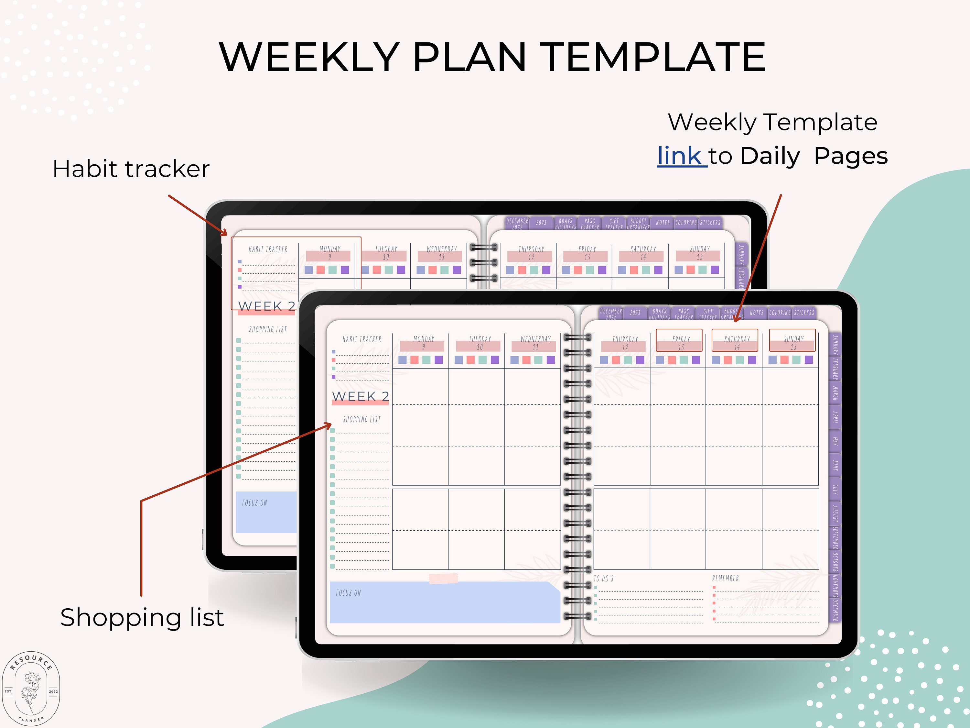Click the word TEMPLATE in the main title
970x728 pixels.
(654, 57)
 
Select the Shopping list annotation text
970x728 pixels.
(142, 617)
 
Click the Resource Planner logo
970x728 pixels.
(31, 689)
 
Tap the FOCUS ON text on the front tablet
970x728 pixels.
(348, 593)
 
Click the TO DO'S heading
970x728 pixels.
(604, 579)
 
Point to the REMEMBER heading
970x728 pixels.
(725, 579)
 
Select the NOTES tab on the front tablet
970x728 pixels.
(757, 313)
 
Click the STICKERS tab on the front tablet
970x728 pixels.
(804, 313)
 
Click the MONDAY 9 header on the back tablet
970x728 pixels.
(330, 252)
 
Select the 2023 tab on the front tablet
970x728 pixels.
(635, 313)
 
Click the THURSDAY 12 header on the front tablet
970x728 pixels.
(625, 342)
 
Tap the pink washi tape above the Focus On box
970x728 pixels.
(443, 579)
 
